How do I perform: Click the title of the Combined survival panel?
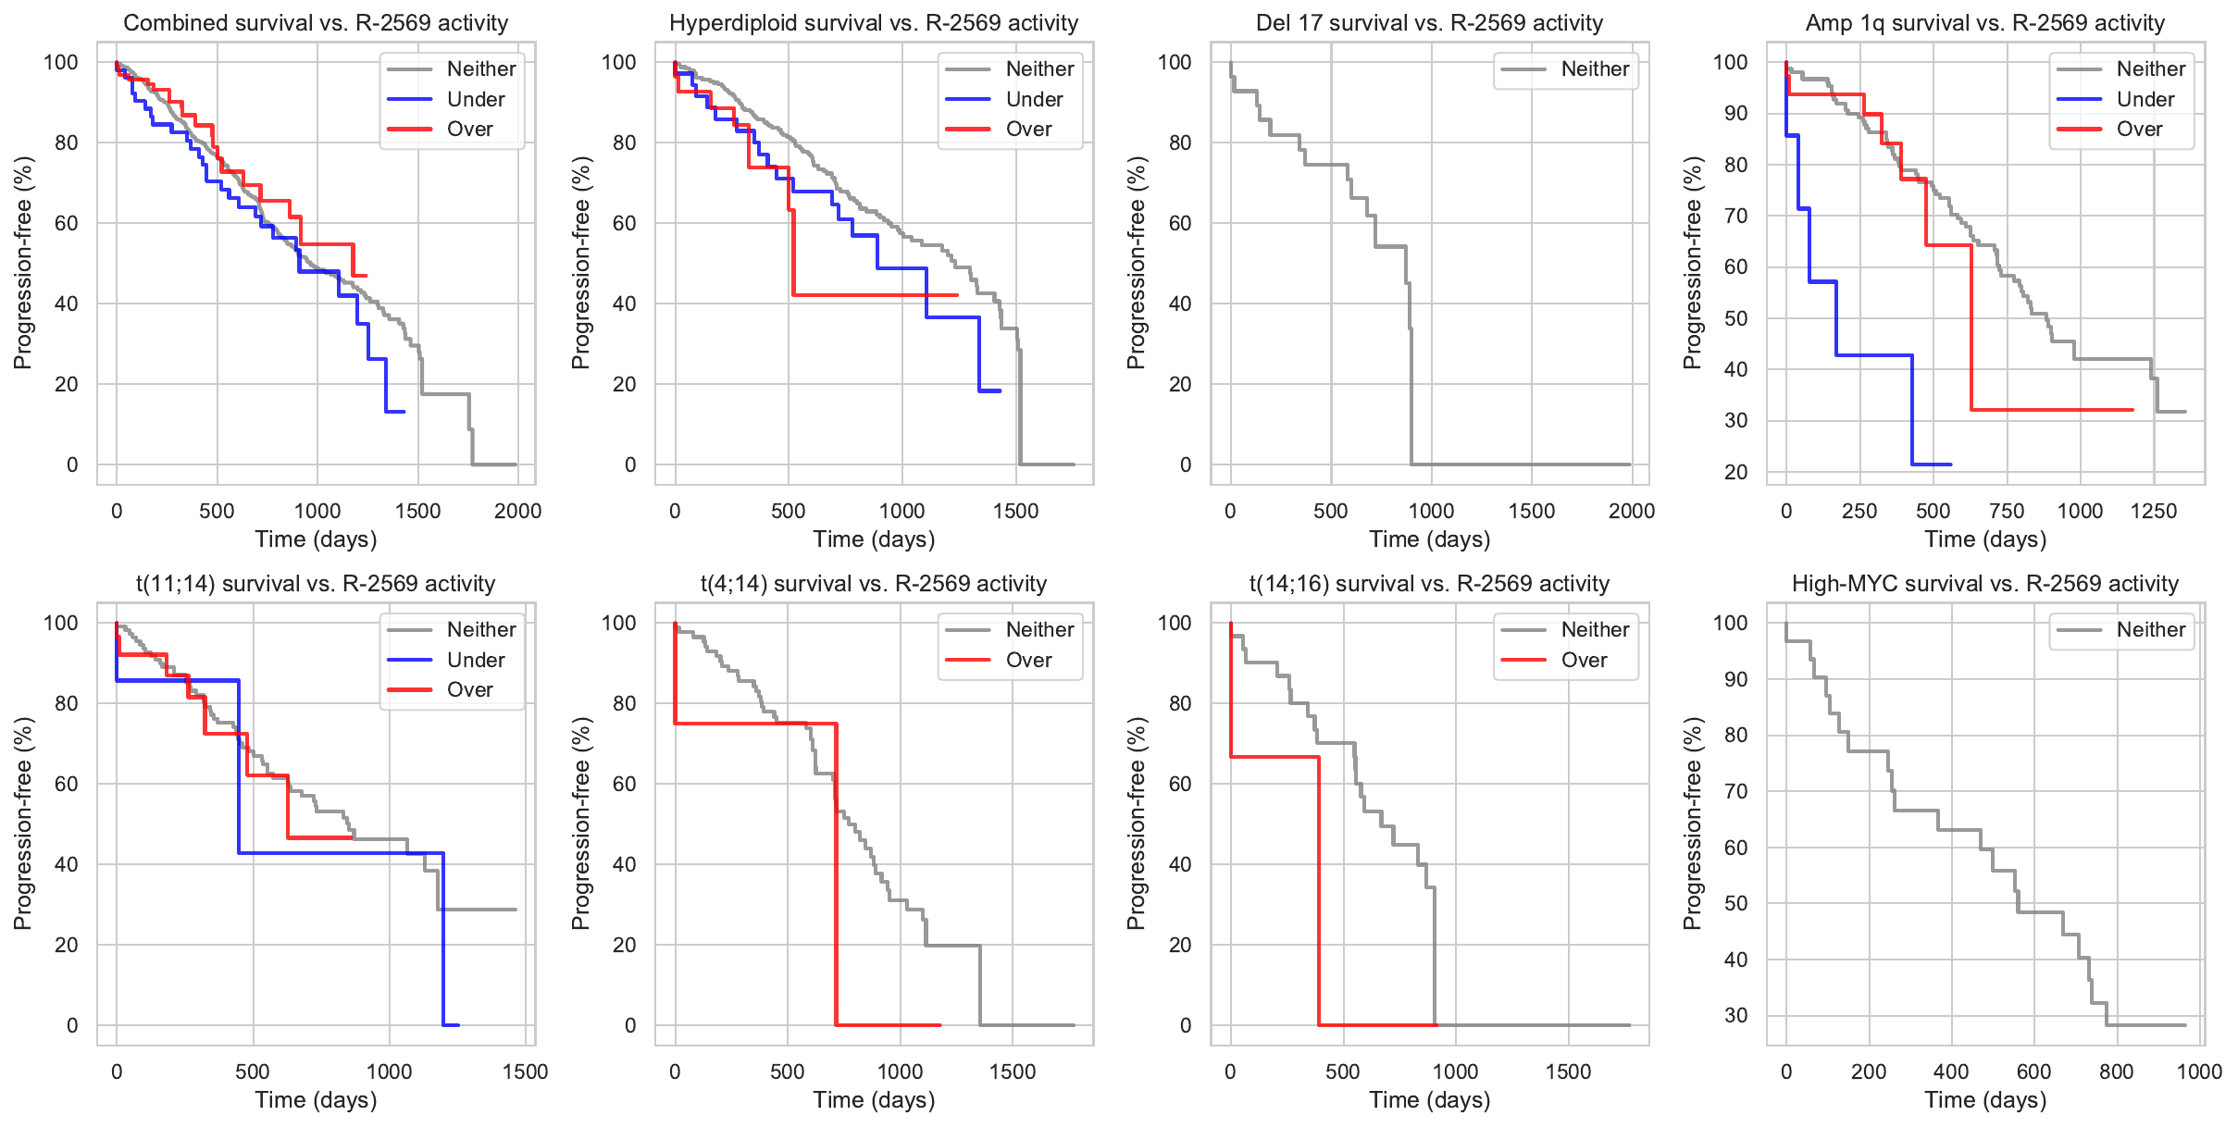click(x=316, y=23)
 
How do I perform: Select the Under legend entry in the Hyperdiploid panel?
click(x=1034, y=99)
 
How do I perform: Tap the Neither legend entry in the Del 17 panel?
click(x=1595, y=69)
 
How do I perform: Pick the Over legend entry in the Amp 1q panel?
click(x=2139, y=130)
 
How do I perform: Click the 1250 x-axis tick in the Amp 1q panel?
click(x=2153, y=511)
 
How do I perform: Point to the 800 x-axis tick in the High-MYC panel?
click(x=2116, y=1071)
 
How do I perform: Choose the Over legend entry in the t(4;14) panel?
click(x=1028, y=660)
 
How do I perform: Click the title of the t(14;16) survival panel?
click(x=1429, y=584)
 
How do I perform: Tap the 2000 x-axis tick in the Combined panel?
click(x=517, y=511)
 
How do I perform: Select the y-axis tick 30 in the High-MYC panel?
click(x=1735, y=1015)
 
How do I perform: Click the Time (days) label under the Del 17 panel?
click(x=1429, y=539)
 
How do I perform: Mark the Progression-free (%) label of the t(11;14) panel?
click(x=23, y=823)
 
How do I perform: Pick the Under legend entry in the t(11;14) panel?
click(x=476, y=660)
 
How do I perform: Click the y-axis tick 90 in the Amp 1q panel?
click(x=1735, y=114)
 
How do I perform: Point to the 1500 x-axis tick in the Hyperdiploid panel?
click(x=1015, y=511)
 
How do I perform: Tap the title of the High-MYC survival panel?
click(x=1984, y=584)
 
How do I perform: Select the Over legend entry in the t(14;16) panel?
click(x=1584, y=660)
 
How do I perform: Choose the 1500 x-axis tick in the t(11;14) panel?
click(x=525, y=1071)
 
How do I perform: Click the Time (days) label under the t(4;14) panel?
click(x=874, y=1100)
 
